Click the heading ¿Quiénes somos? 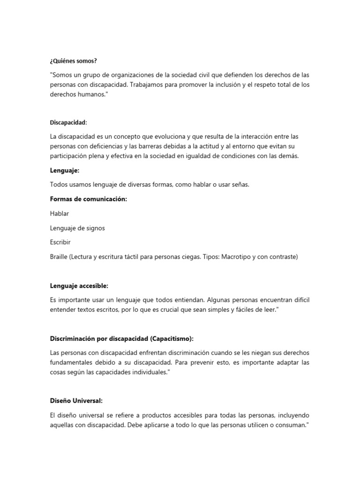pyautogui.click(x=73, y=61)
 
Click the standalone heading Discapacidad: pyautogui.click(x=68, y=122)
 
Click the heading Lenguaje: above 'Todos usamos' pyautogui.click(x=65, y=170)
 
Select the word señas pyautogui.click(x=239, y=185)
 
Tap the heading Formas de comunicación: pyautogui.click(x=89, y=199)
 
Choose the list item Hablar pyautogui.click(x=60, y=214)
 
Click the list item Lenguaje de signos pyautogui.click(x=77, y=228)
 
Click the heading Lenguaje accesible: pyautogui.click(x=79, y=285)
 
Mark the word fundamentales pyautogui.click(x=74, y=363)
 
